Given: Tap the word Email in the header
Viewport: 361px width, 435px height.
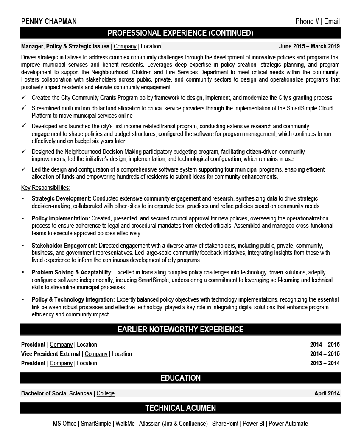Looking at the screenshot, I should tap(332, 22).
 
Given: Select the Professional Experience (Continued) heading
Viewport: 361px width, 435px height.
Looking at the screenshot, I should tap(180, 33).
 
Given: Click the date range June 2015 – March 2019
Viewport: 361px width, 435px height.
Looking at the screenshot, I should tap(309, 46).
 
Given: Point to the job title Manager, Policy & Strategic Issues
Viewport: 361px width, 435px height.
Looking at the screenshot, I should tap(65, 46).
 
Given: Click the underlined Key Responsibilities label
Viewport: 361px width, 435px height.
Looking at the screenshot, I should tap(46, 188).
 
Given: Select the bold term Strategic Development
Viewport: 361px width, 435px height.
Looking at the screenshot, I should tap(61, 198).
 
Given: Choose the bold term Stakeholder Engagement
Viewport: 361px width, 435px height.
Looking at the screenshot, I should tap(64, 246).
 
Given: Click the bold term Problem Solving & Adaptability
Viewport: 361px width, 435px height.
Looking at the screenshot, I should tap(72, 272).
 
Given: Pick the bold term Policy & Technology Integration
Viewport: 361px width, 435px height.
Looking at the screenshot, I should tap(73, 299).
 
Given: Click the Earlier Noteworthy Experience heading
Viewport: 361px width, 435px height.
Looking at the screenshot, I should tap(180, 329).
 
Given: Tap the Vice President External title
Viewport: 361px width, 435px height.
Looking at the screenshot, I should tap(50, 354).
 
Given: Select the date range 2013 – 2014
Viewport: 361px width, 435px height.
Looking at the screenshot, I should tap(325, 363).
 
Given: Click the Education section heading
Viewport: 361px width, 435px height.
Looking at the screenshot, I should tap(180, 378).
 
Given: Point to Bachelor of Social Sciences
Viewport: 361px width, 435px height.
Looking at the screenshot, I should tap(56, 393).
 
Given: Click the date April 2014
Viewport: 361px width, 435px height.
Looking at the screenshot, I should tap(327, 393).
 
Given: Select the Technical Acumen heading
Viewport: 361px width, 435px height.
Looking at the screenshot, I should tap(180, 408).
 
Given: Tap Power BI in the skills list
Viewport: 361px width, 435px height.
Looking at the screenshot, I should tap(253, 424).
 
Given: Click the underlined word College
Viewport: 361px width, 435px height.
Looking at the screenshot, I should tap(106, 393).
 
